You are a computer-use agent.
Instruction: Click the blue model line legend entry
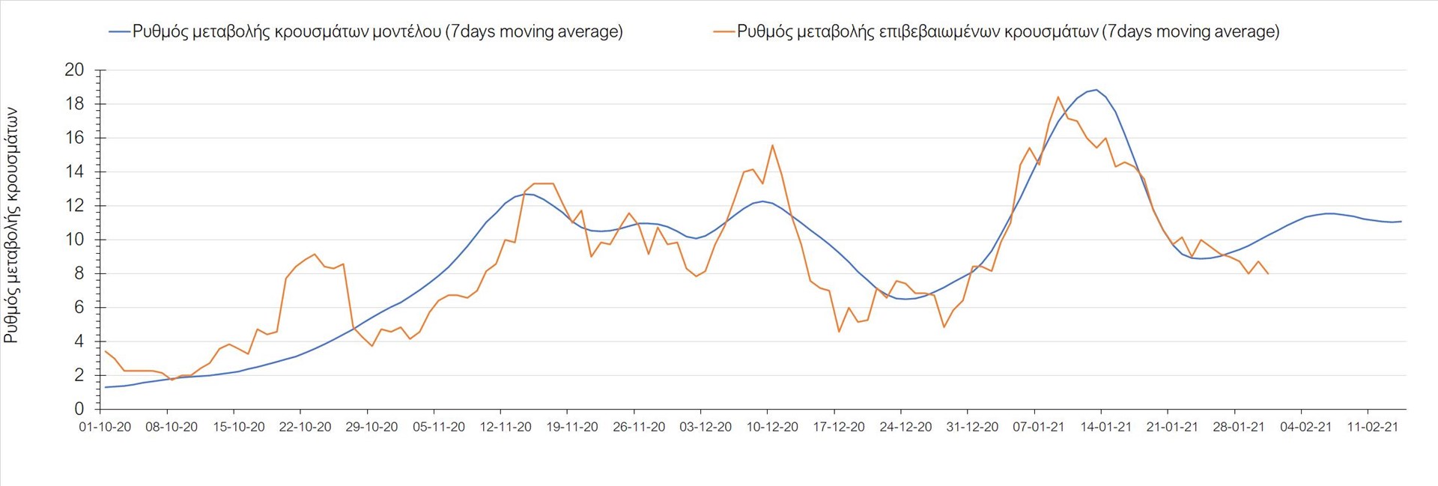pos(366,31)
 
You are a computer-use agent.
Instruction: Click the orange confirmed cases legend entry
pos(997,31)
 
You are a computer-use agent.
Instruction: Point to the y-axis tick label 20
pos(74,70)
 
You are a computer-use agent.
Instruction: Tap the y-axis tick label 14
pos(74,171)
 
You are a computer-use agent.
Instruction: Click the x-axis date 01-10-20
pos(105,427)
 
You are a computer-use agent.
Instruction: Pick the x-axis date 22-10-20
pos(305,427)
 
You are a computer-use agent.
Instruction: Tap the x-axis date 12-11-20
pos(506,427)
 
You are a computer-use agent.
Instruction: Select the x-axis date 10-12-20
pos(772,427)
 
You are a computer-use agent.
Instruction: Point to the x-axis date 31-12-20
pos(972,427)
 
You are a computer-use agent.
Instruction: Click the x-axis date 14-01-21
pos(1105,427)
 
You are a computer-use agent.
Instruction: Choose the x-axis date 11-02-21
pos(1372,427)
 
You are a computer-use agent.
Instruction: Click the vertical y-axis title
pos(11,225)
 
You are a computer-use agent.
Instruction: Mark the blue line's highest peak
pos(1096,90)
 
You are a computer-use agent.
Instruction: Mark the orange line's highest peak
pos(1058,97)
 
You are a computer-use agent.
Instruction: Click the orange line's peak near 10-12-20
pos(772,145)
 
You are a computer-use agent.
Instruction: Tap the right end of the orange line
pos(1267,274)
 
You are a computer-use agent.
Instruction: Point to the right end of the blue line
pos(1401,221)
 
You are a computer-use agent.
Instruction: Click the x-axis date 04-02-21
pos(1305,427)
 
